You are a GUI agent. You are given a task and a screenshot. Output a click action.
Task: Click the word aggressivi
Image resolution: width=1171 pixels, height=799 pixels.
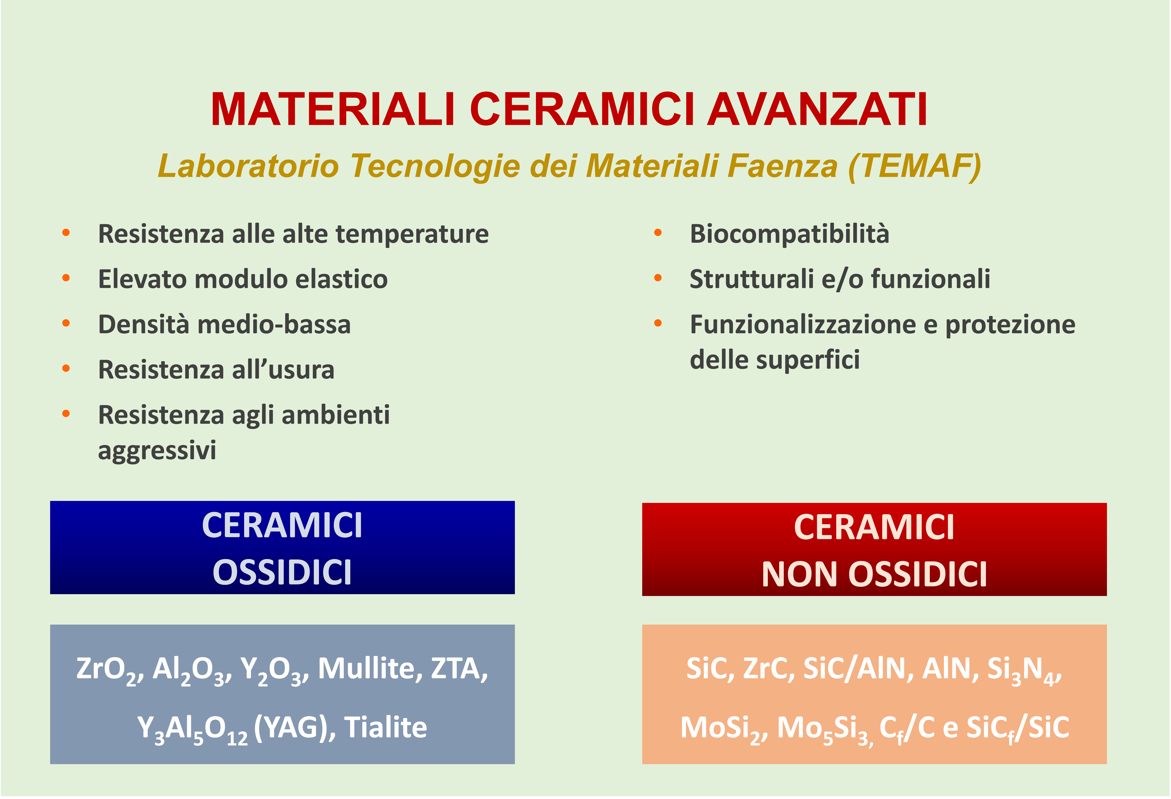[x=157, y=450]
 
